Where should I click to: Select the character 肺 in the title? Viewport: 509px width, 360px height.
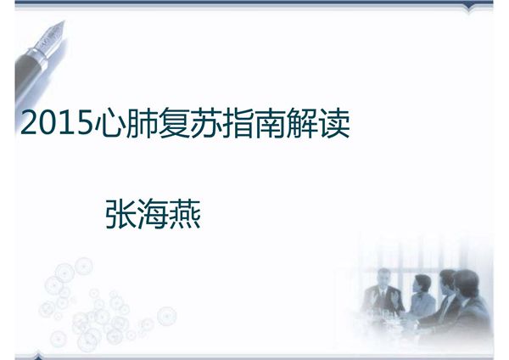(x=140, y=125)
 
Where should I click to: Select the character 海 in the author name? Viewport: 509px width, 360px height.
(x=153, y=213)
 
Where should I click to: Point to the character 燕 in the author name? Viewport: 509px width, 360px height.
(x=185, y=213)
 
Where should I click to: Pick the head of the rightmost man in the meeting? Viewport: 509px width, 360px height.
(x=466, y=281)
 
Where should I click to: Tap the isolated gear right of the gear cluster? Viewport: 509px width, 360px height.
(x=167, y=316)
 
